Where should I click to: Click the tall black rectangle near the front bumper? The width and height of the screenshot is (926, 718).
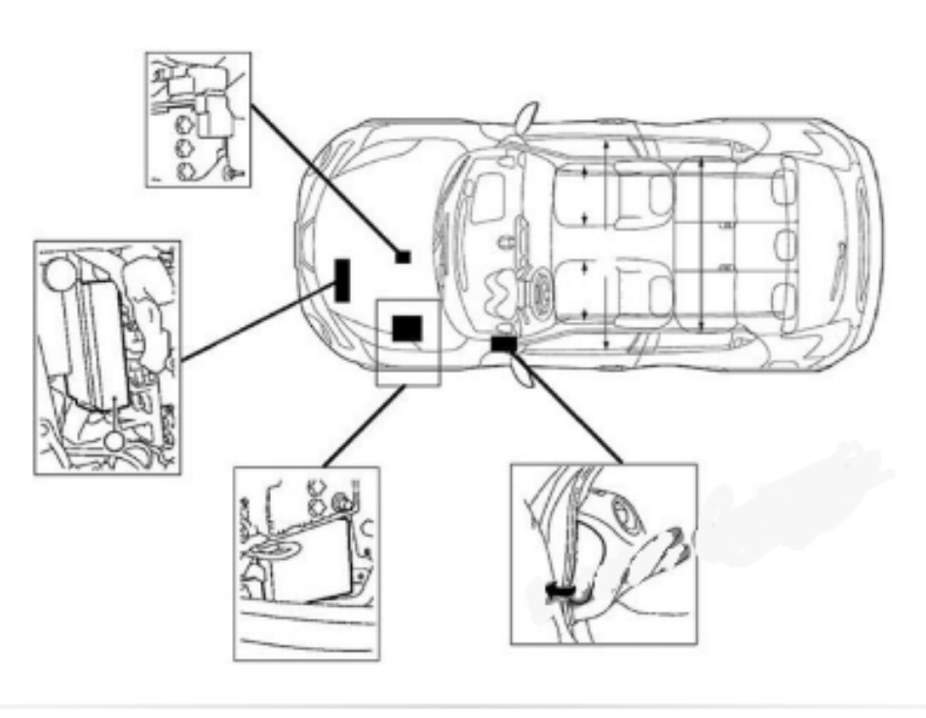pos(342,280)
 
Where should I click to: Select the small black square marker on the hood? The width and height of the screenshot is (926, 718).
pos(402,258)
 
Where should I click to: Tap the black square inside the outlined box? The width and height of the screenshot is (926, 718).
pos(406,328)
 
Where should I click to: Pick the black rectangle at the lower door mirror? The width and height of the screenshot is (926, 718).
pos(504,344)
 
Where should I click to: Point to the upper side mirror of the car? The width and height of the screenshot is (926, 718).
pos(526,118)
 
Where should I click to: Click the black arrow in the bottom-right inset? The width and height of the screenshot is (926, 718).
pos(560,592)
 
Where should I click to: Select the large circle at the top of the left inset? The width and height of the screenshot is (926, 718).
pos(60,271)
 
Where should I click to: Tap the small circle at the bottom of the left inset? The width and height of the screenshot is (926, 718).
pos(115,442)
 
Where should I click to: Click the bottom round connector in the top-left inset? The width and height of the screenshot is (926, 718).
pos(184,171)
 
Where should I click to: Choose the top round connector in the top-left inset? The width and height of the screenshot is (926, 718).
pos(184,124)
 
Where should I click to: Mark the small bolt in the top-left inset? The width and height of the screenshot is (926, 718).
pos(231,175)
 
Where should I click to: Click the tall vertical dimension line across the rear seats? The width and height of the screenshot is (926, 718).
pos(703,244)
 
